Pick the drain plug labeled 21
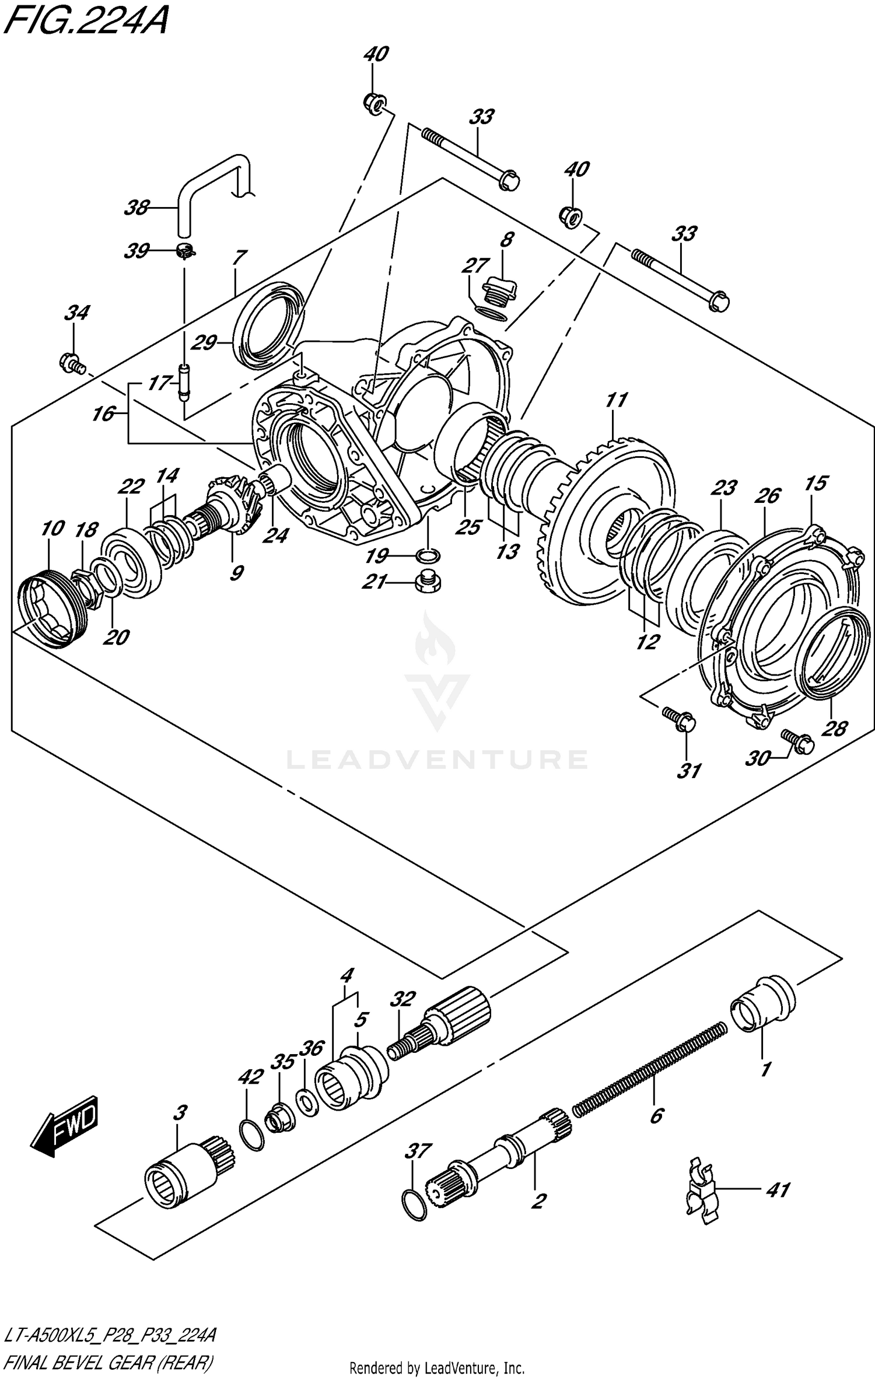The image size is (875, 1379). (428, 582)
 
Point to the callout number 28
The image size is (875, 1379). (834, 729)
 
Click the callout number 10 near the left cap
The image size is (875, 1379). (52, 529)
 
